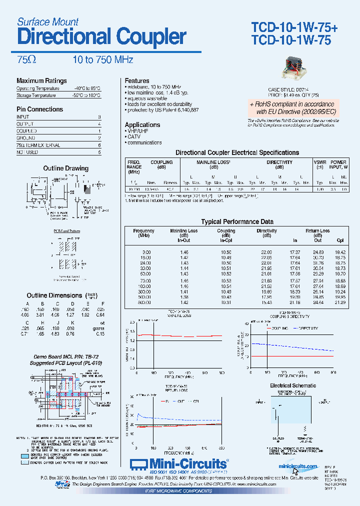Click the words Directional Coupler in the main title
point(101,37)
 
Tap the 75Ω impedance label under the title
point(26,59)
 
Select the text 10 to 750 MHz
point(102,59)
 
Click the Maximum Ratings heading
point(41,81)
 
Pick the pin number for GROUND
point(99,138)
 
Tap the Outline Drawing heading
point(65,168)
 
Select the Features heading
point(137,80)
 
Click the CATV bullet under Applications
point(134,136)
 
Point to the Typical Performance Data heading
point(237,221)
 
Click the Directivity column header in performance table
point(266,231)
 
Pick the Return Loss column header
point(317,231)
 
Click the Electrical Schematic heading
point(293,385)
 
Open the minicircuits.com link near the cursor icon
point(298,466)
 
